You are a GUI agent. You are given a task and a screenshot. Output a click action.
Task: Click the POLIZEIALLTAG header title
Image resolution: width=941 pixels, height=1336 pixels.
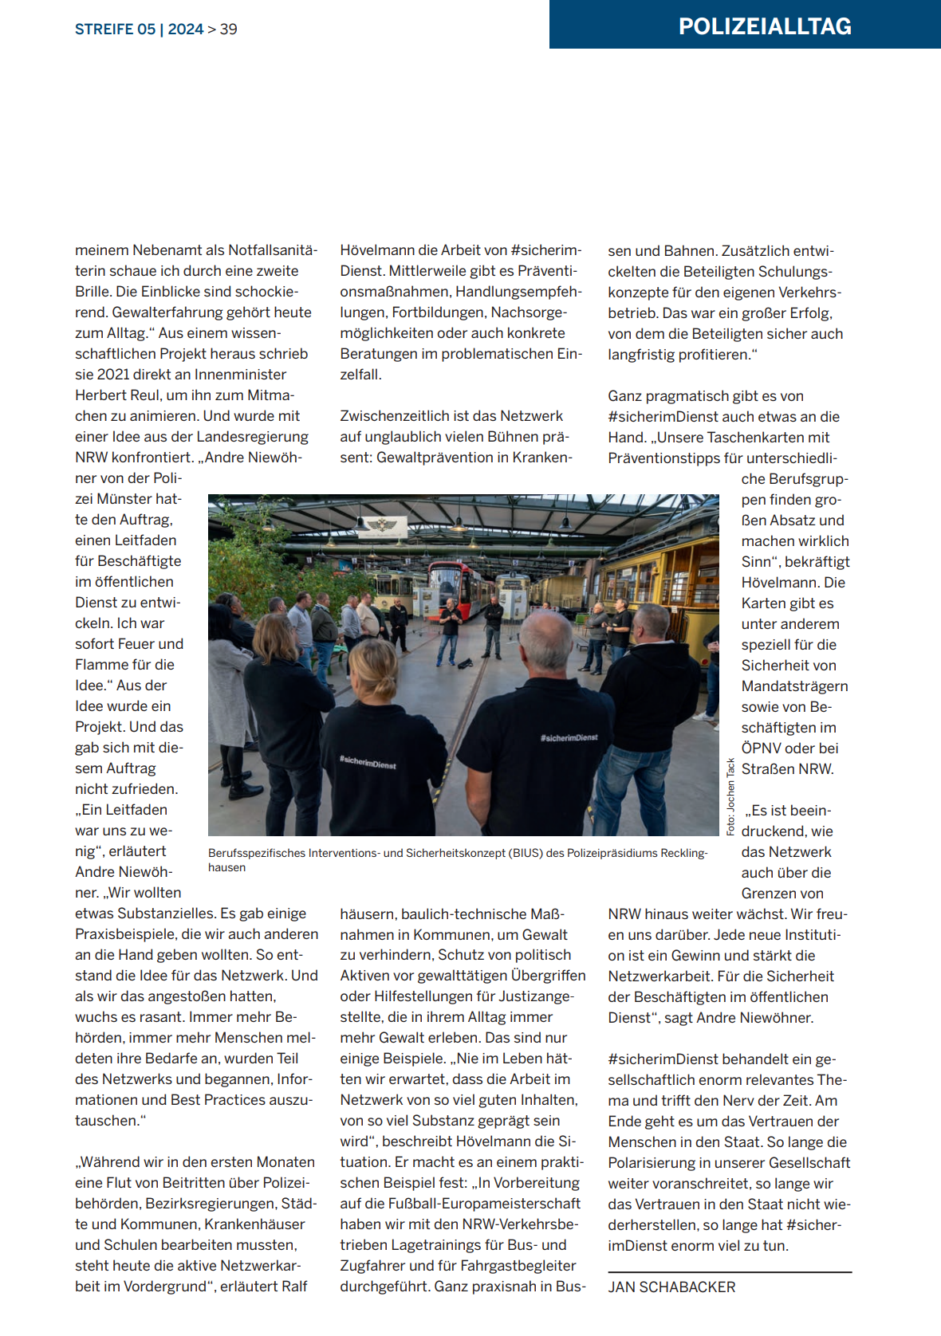764,26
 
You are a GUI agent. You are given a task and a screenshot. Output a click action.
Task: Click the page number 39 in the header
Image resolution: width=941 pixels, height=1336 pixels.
229,29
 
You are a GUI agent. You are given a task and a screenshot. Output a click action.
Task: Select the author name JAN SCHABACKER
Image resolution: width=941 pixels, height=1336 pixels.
671,1287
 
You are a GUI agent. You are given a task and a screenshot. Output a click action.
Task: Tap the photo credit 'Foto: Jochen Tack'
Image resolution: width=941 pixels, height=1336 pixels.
730,796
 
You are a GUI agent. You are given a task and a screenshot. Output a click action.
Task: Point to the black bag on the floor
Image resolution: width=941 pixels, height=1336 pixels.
464,662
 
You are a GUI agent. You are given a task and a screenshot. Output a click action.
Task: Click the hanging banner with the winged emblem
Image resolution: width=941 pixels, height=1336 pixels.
381,526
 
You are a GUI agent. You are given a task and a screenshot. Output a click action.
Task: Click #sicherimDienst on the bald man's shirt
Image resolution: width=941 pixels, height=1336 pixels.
569,737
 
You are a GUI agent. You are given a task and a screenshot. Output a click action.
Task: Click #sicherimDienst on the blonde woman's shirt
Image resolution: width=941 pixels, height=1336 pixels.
368,763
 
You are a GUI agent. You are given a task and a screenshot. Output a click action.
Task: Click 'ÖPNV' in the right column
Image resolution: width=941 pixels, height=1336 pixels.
764,749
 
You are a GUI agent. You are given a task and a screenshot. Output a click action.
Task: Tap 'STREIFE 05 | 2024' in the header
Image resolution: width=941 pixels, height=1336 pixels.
139,29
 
